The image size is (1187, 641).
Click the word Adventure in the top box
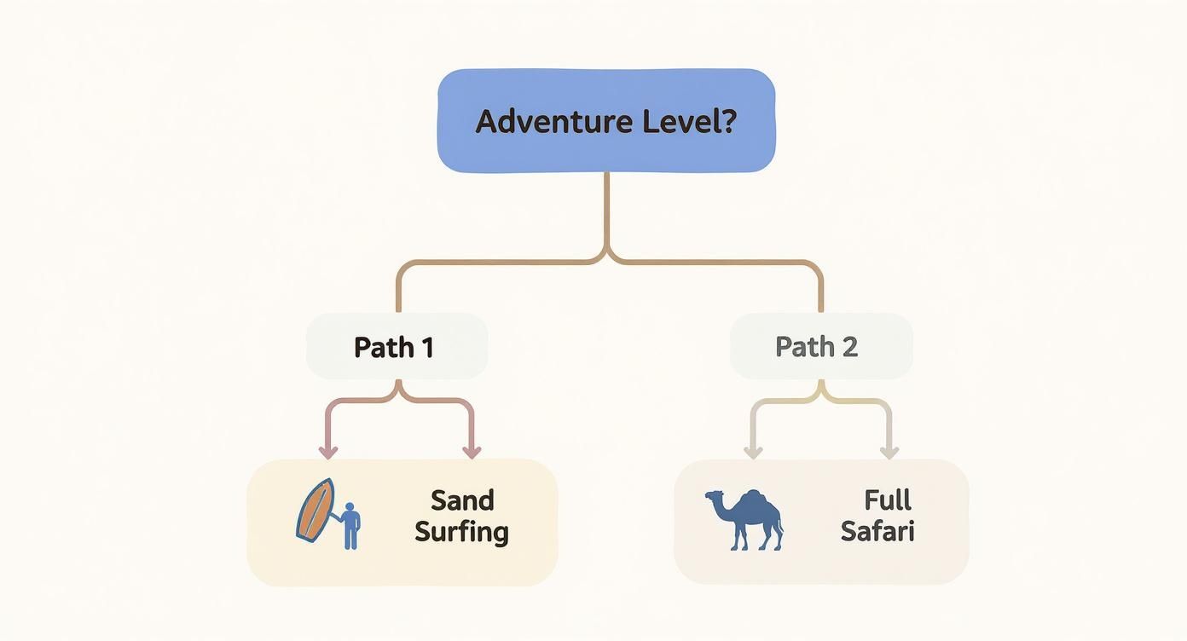(x=553, y=121)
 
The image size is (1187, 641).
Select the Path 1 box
(x=397, y=346)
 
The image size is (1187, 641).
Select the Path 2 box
(x=820, y=346)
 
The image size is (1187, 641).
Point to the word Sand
(x=462, y=500)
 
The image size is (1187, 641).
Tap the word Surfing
(x=461, y=532)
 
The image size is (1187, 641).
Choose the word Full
(x=888, y=500)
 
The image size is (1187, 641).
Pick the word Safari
(x=877, y=532)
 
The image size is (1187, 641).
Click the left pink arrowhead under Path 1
(x=326, y=451)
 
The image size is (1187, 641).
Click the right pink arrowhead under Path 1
(x=471, y=451)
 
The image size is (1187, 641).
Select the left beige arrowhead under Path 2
(x=752, y=451)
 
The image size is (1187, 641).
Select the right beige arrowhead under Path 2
(x=889, y=451)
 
